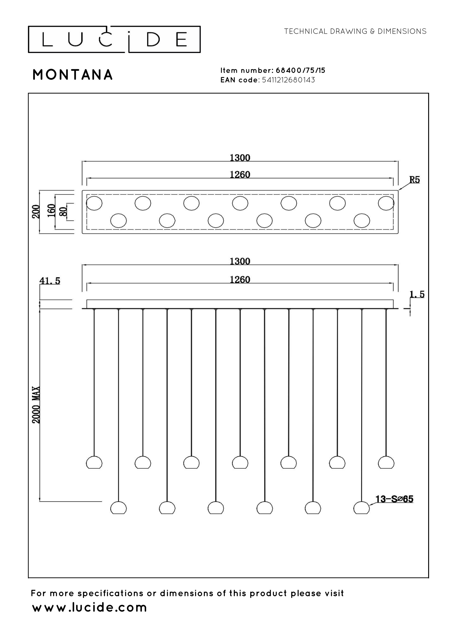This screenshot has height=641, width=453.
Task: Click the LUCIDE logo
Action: pyautogui.click(x=114, y=39)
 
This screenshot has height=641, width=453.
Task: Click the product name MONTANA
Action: pyautogui.click(x=73, y=75)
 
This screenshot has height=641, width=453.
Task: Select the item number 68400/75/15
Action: pyautogui.click(x=301, y=70)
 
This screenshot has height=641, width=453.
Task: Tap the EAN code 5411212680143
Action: pyautogui.click(x=289, y=80)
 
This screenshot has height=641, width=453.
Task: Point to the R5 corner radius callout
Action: pyautogui.click(x=414, y=180)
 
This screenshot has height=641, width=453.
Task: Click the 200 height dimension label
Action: pyautogui.click(x=36, y=212)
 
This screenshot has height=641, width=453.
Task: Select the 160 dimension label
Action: pyautogui.click(x=52, y=210)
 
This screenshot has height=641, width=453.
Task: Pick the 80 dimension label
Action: pyautogui.click(x=63, y=211)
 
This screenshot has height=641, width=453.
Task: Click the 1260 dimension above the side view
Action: pyautogui.click(x=240, y=279)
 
